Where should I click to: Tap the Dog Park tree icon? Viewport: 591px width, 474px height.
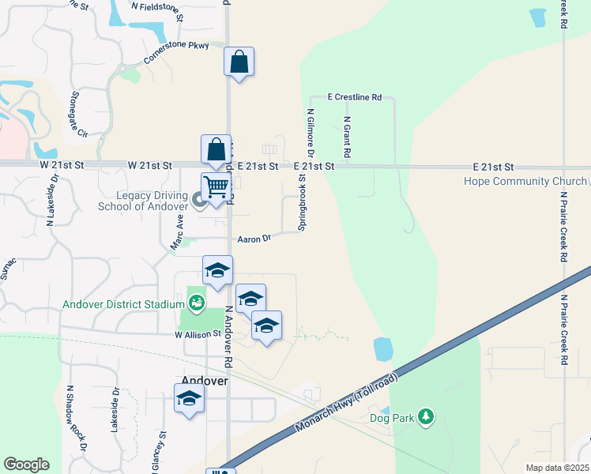(x=426, y=416)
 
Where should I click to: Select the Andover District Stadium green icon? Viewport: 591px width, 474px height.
(x=195, y=303)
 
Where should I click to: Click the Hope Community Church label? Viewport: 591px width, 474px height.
(x=525, y=181)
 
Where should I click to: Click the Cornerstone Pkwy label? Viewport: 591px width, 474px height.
(x=176, y=52)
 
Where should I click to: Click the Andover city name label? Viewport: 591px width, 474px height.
(x=205, y=380)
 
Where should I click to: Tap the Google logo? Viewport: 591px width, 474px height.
(x=26, y=465)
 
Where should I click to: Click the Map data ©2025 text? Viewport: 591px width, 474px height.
(x=557, y=468)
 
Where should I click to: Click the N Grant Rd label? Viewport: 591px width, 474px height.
(x=346, y=136)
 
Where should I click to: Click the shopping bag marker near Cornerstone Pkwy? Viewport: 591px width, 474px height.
(x=239, y=62)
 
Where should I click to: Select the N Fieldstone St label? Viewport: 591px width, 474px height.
(x=157, y=9)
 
